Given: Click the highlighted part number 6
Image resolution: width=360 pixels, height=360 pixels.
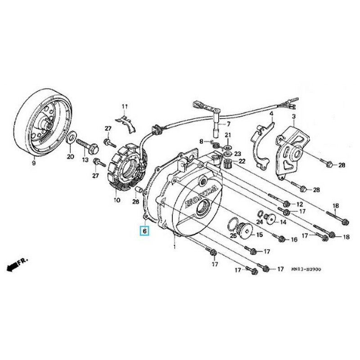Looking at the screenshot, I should tap(144, 231).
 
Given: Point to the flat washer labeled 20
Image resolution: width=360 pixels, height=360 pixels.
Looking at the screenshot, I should tap(71, 137).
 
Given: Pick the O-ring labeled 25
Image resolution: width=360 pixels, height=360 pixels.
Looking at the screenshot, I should tap(233, 223).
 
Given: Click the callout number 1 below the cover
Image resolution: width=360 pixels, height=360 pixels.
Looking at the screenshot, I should tap(174, 247).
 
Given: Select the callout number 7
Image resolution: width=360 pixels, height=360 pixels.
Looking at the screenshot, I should tap(229, 124).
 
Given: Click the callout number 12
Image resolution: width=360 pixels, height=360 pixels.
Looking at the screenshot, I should tap(300, 205).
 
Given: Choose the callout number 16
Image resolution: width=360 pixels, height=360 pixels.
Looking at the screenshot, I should tap(294, 240).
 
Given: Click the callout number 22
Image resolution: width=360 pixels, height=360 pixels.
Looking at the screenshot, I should tap(242, 161).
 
